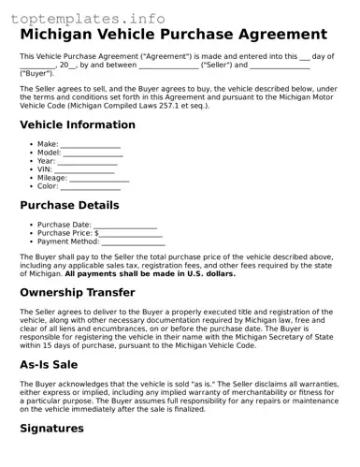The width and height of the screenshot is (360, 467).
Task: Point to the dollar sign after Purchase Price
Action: (x=96, y=233)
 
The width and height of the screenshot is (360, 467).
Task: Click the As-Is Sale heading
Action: (x=62, y=365)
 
